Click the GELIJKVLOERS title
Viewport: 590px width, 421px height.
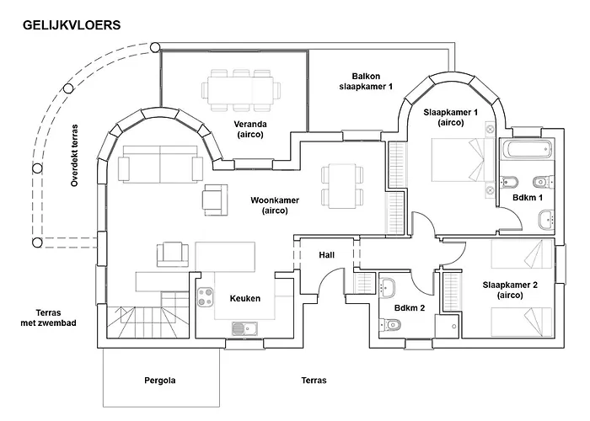(72, 25)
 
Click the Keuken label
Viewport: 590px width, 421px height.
(245, 298)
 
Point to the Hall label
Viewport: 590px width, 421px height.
(327, 255)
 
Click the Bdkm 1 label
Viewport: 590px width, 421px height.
(528, 197)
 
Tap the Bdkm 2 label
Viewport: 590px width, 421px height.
(410, 308)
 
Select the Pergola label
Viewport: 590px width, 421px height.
(160, 381)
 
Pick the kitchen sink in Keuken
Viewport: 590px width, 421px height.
(244, 328)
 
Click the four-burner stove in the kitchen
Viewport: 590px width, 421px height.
(206, 296)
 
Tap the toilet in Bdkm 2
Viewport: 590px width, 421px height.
(389, 323)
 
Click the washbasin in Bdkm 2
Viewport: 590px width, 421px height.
(387, 288)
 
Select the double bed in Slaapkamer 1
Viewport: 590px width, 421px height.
(463, 160)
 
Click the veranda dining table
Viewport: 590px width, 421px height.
(241, 90)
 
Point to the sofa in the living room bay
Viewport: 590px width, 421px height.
(160, 164)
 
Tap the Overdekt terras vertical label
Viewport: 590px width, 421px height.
(74, 155)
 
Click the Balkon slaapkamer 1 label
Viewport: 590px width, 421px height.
(366, 81)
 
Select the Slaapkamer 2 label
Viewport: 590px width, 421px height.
(510, 290)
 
